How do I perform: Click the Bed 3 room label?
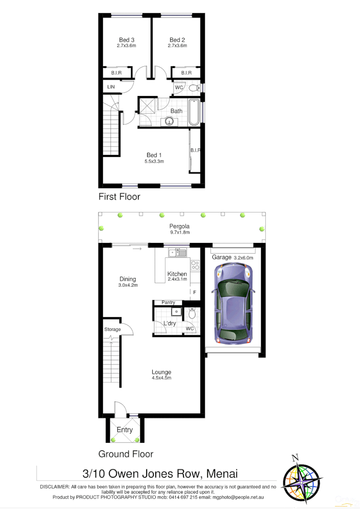(126, 40)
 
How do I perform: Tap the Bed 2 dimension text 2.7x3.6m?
(177, 46)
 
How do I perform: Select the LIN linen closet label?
(111, 87)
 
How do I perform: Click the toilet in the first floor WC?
(193, 88)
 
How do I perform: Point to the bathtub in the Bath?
(194, 112)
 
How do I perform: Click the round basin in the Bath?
(170, 121)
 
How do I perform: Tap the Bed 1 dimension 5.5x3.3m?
(154, 162)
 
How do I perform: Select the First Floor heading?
(119, 196)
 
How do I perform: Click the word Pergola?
(179, 226)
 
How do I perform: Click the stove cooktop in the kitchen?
(195, 265)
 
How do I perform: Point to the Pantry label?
(168, 303)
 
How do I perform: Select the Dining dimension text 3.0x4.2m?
(128, 285)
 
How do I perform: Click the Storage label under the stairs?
(112, 329)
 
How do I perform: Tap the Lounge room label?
(161, 372)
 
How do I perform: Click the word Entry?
(124, 430)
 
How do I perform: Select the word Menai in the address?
(222, 473)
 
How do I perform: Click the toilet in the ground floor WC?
(192, 315)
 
